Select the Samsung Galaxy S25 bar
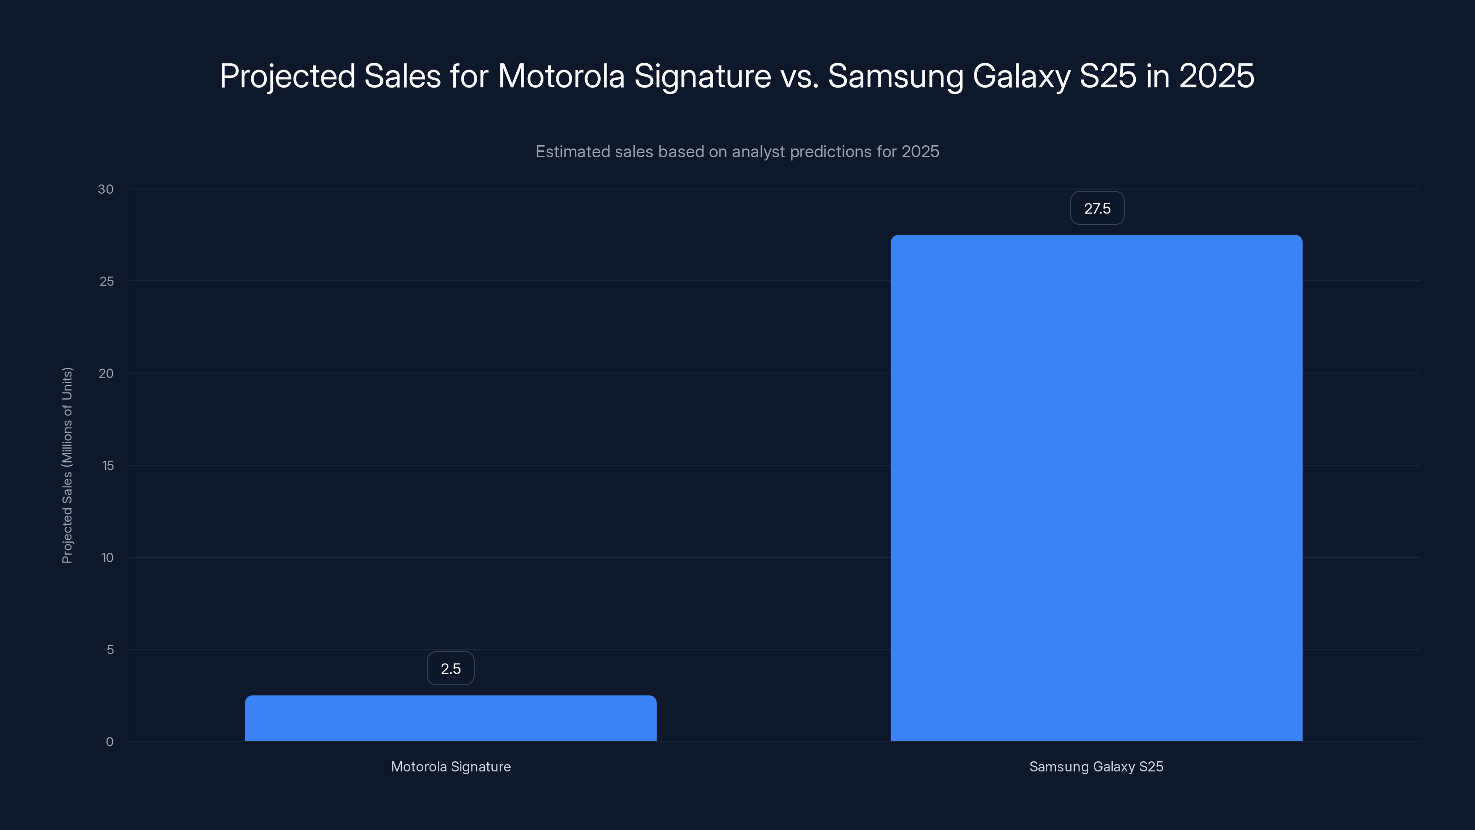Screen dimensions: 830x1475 (1096, 487)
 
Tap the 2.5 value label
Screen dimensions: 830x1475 (451, 669)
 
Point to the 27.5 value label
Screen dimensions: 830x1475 (1097, 208)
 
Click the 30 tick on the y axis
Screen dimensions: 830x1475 (106, 190)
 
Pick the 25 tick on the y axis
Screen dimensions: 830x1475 (106, 281)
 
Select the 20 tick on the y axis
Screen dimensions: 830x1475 (106, 373)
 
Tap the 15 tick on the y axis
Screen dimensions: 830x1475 (108, 466)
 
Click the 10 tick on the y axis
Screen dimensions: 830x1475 (107, 558)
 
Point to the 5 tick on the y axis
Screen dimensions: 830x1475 (110, 650)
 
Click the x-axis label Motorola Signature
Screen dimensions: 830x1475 (451, 766)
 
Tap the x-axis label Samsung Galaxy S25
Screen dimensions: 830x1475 (1096, 766)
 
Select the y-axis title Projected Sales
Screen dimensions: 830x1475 (67, 465)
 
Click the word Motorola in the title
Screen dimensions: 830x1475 (560, 76)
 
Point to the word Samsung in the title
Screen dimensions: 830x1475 (895, 76)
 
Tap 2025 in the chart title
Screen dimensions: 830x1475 (1216, 76)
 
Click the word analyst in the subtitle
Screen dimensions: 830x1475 (758, 152)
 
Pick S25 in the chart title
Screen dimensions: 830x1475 (1107, 76)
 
